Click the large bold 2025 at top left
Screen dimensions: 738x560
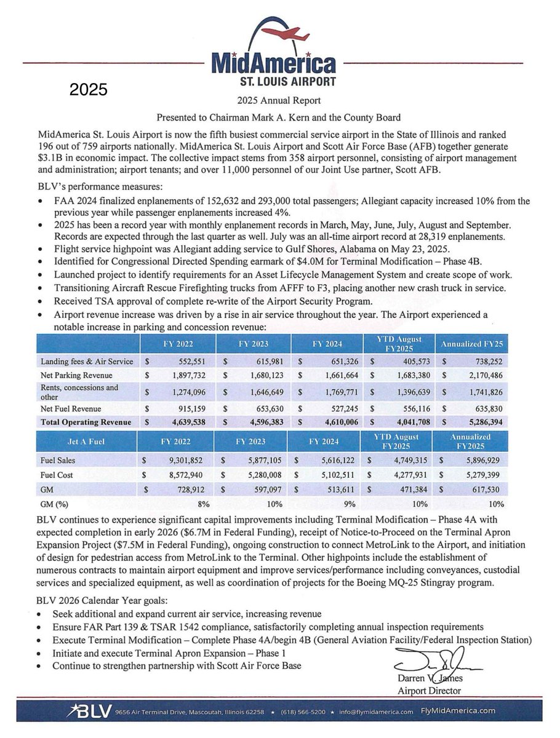[x=89, y=90]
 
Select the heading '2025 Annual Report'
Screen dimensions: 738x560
[x=279, y=100]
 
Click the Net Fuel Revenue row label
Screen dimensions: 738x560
[x=70, y=408]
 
